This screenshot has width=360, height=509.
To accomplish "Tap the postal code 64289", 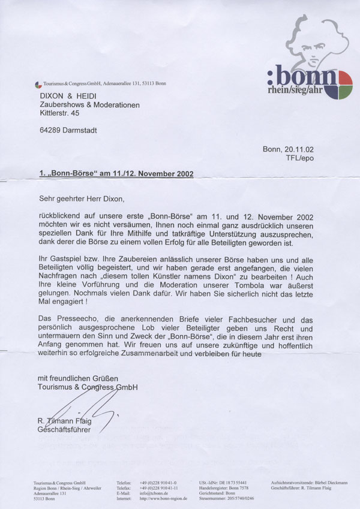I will click(x=47, y=129).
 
